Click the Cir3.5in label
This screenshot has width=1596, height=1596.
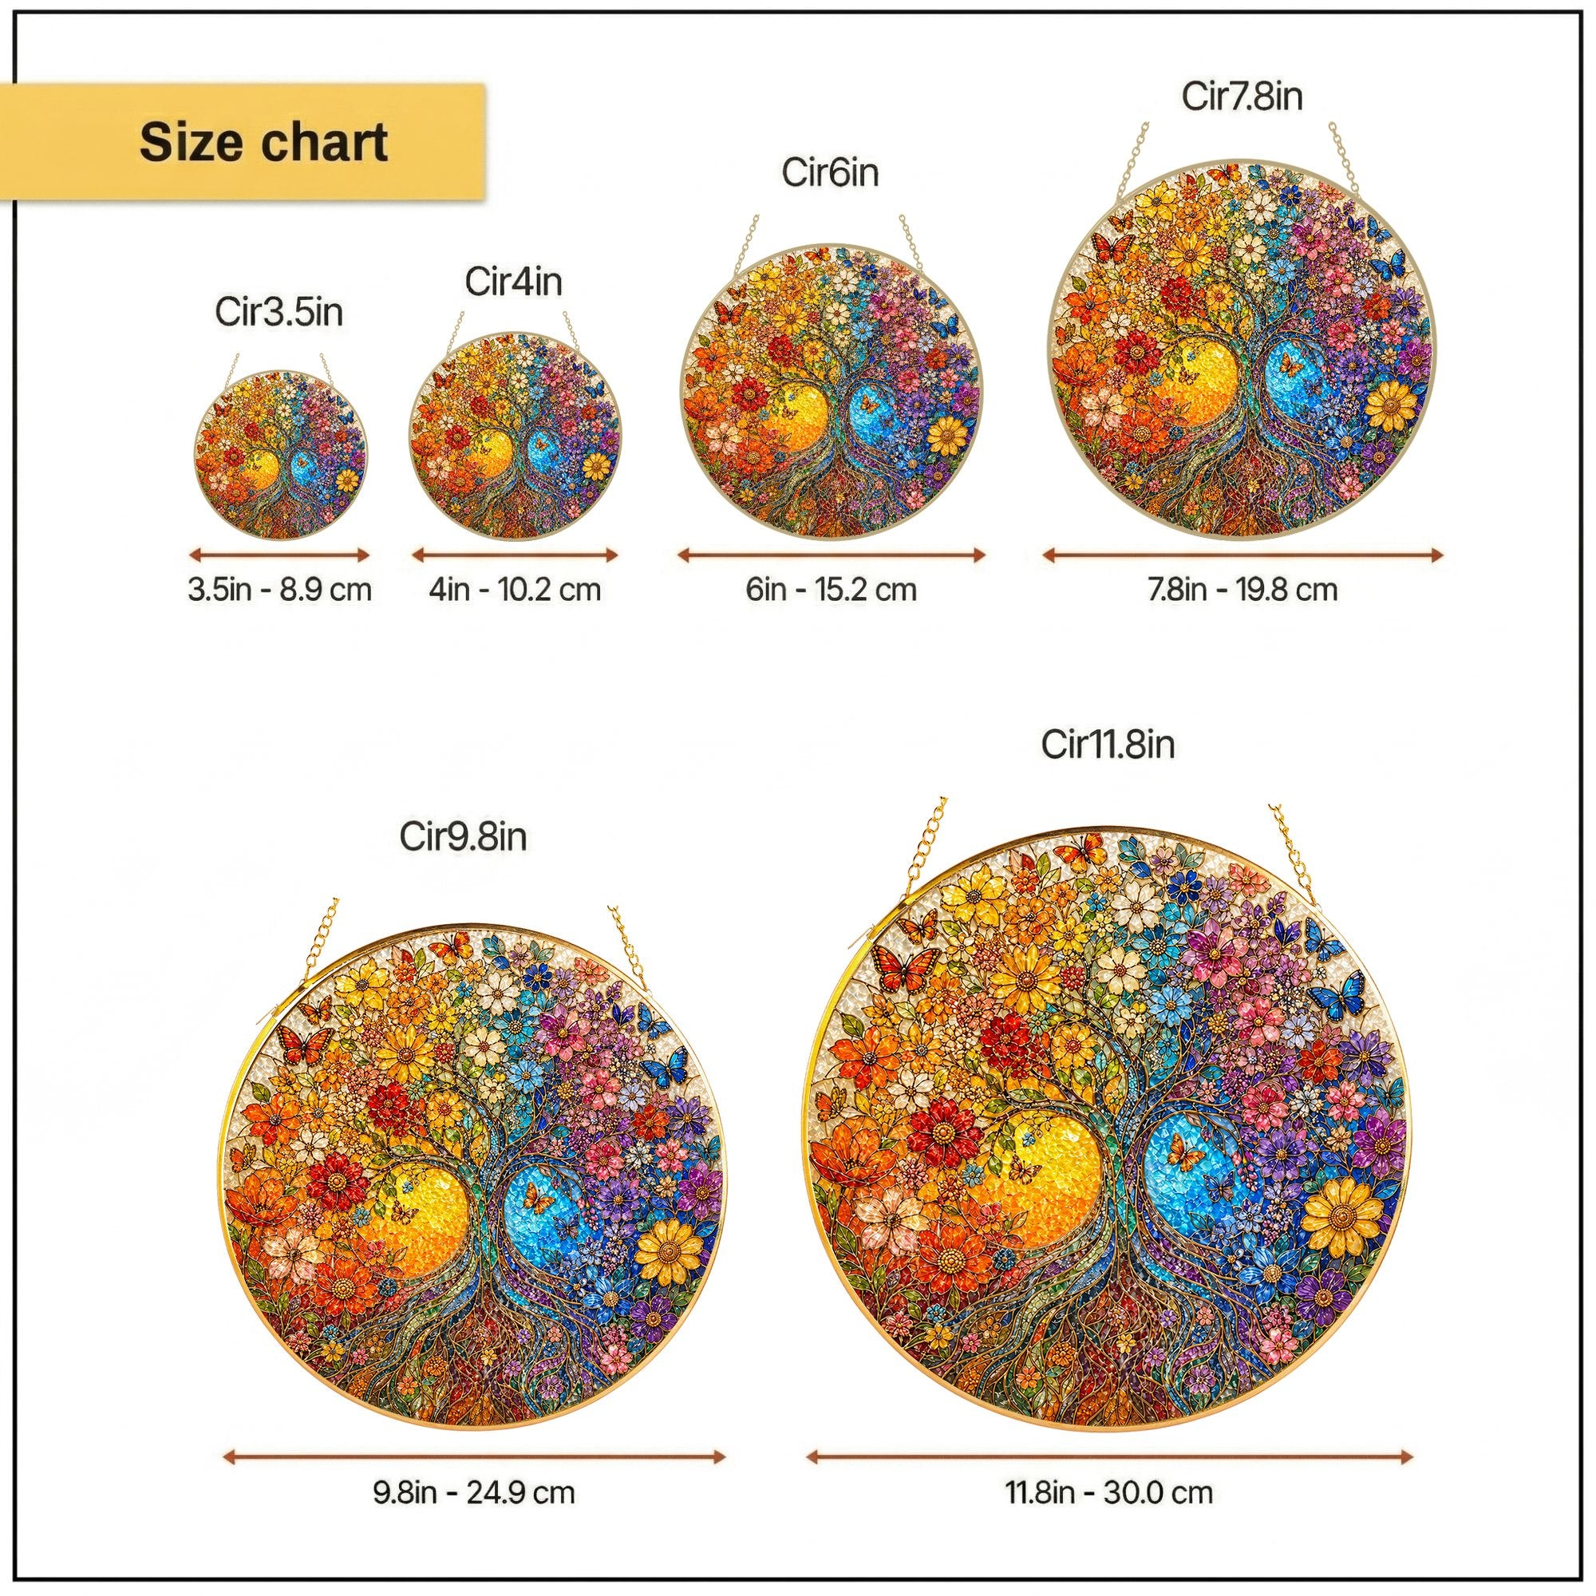point(279,313)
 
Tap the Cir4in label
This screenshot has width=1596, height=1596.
point(514,282)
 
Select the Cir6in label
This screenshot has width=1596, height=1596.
point(830,173)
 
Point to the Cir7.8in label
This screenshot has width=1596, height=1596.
point(1242,97)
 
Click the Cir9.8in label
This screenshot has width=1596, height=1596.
point(464,837)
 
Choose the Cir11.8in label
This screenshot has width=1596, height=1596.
point(1108,745)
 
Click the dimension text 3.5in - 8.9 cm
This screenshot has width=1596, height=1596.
point(280,590)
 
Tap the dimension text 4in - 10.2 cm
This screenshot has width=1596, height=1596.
point(515,590)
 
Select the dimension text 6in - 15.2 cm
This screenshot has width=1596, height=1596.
point(831,590)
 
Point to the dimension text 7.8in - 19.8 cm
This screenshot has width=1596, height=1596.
point(1242,590)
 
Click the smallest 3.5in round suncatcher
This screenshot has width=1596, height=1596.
point(281,455)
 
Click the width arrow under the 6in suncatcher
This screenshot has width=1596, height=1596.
point(831,555)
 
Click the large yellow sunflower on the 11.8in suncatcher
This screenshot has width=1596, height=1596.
point(1343,1218)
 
